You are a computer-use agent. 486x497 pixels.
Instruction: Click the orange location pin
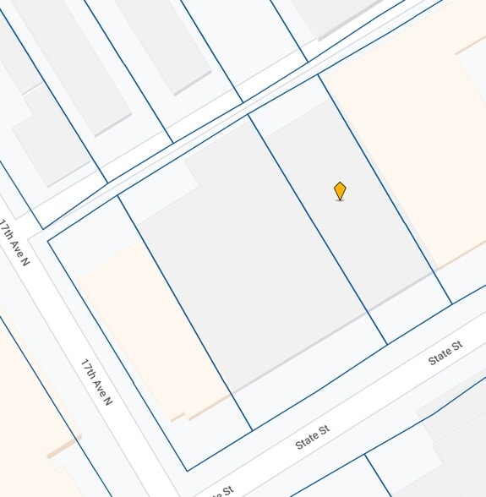340,191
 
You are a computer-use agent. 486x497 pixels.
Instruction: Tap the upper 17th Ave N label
15,243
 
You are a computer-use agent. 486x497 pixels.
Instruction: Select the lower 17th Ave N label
96,382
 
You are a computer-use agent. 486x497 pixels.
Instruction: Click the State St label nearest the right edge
445,353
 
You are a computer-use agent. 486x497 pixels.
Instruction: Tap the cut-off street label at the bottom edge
221,491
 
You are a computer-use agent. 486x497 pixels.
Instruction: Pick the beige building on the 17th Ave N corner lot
152,330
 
